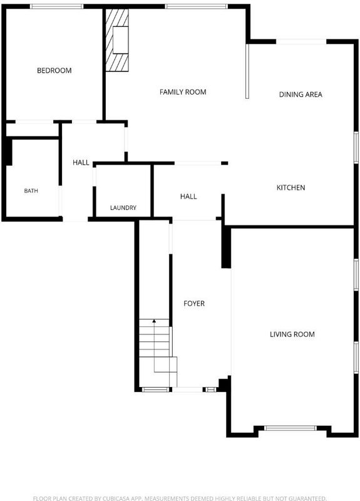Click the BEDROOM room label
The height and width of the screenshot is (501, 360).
[54, 70]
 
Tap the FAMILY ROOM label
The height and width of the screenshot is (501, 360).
[183, 92]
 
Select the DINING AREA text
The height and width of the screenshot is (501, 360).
[301, 95]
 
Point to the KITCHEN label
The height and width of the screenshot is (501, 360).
[291, 187]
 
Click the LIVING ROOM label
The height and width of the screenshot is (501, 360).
[292, 334]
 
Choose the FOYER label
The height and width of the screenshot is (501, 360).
[194, 303]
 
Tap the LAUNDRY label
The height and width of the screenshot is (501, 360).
[123, 208]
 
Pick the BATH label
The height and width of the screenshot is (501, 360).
[31, 191]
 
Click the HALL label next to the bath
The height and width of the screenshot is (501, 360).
[81, 162]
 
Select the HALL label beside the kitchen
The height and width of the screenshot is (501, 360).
[188, 196]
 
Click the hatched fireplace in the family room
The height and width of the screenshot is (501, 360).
[117, 40]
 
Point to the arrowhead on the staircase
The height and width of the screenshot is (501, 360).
[154, 321]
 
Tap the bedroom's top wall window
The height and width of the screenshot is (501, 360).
[57, 6]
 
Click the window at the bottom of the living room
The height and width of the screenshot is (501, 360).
[291, 428]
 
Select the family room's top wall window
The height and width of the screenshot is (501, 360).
[197, 6]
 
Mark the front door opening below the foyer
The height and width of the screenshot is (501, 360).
[187, 390]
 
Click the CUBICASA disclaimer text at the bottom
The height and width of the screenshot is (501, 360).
[180, 498]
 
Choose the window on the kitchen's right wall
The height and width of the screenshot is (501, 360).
[356, 148]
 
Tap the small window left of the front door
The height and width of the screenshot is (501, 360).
[155, 390]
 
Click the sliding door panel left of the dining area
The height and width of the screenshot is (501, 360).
[247, 71]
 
